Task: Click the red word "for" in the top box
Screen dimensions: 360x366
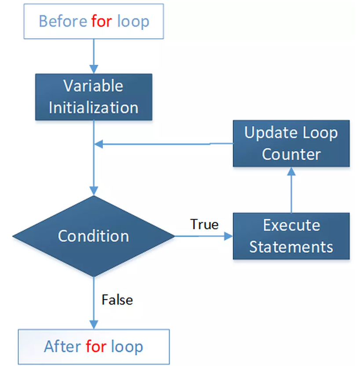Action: [102, 22]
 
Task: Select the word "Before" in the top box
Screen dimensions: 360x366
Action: [63, 22]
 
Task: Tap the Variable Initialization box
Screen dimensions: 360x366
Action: [94, 97]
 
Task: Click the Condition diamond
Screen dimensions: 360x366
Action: [94, 236]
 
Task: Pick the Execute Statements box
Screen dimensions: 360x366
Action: [291, 236]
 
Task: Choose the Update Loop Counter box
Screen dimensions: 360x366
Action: [291, 144]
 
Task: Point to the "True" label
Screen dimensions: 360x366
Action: [204, 225]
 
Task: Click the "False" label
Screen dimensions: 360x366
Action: [117, 300]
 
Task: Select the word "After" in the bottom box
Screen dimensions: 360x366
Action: [62, 346]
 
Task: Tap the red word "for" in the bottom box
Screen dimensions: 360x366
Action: [96, 346]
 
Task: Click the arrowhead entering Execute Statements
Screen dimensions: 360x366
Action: [228, 236]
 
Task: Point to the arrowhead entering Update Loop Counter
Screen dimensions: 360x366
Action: [291, 171]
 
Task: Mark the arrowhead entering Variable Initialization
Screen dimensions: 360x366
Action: [94, 69]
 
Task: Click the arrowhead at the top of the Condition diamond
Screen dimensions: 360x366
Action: [94, 191]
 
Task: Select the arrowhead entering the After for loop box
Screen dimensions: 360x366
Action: [94, 325]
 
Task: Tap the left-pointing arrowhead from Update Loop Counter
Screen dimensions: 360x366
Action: [98, 144]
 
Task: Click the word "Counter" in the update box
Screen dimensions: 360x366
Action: [291, 154]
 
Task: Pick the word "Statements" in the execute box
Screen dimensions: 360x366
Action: [291, 247]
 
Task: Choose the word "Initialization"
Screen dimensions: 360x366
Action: [94, 108]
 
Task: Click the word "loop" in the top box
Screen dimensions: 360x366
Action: [133, 22]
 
